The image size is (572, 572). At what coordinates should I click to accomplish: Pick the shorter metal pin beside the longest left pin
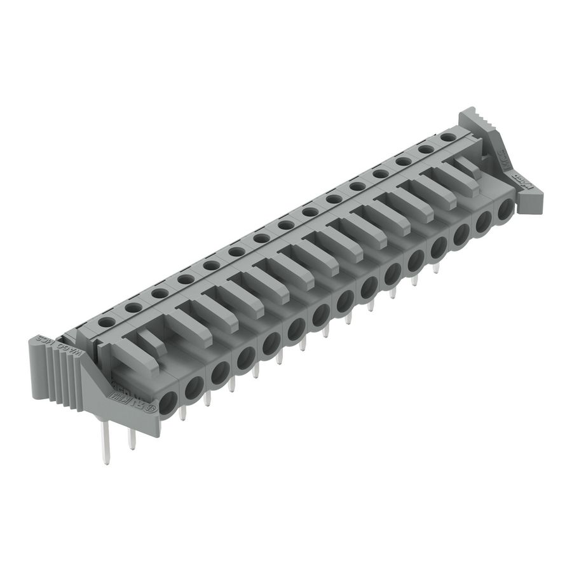point(132,437)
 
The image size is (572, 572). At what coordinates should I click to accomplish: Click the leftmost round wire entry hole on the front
point(168,402)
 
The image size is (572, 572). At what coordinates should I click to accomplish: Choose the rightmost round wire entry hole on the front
point(506,210)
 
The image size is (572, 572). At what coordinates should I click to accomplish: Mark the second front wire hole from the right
point(484,222)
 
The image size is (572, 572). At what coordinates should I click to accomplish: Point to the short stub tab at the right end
point(469,165)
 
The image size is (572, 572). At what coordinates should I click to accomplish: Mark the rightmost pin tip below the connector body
point(436,269)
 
